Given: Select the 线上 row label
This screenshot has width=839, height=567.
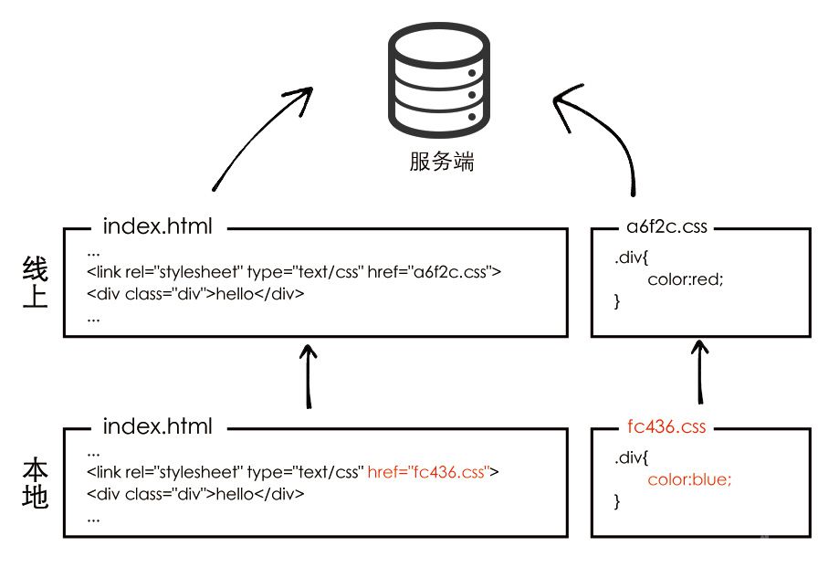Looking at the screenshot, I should point(35,282).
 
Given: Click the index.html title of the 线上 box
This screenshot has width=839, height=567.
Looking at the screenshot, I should point(157,226).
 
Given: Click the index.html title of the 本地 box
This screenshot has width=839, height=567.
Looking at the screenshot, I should point(157,426).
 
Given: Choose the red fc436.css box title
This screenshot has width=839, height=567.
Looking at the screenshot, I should point(666,426).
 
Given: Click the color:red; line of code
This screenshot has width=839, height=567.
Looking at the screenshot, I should point(685,279).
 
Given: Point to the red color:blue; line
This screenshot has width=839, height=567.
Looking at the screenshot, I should point(689,479).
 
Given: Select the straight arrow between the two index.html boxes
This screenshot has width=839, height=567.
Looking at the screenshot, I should point(310,374).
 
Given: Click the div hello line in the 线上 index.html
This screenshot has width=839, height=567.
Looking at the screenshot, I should point(195,294).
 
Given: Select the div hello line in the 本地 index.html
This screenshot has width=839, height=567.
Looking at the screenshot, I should point(195,494).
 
